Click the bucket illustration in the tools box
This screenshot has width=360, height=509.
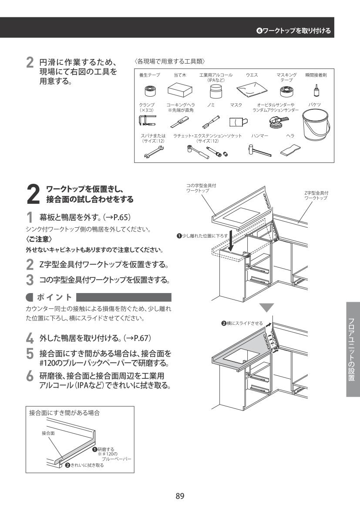(x=316, y=125)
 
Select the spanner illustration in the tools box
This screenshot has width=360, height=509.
(x=154, y=152)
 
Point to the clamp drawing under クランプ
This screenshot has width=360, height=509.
(x=147, y=121)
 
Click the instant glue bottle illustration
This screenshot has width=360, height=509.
(x=315, y=90)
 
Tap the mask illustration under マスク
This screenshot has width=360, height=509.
(x=239, y=122)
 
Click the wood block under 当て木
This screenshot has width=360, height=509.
(x=180, y=90)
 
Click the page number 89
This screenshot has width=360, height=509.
(x=180, y=496)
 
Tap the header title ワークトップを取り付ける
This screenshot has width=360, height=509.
(x=296, y=31)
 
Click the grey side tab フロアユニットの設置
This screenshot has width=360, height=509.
(x=353, y=349)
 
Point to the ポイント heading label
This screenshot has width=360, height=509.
(x=54, y=297)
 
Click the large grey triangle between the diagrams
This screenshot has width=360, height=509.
(x=266, y=307)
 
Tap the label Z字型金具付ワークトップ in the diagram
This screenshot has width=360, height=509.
(x=316, y=196)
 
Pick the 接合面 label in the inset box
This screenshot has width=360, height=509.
(x=48, y=433)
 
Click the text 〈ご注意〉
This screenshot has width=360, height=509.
(x=39, y=239)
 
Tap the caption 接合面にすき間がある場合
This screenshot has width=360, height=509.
(x=64, y=413)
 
